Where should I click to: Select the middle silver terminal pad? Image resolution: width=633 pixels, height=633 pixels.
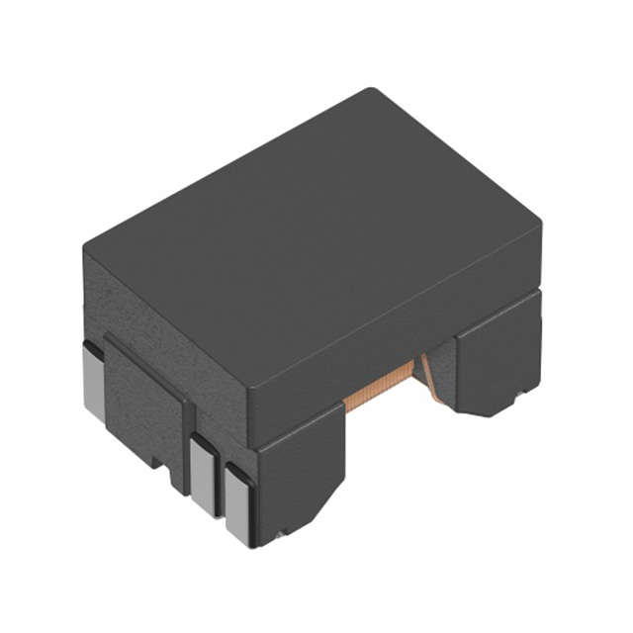(204, 475)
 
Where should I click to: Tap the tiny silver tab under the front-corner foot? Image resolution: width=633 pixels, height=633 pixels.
(281, 535)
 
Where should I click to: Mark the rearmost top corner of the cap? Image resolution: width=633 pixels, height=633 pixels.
(370, 91)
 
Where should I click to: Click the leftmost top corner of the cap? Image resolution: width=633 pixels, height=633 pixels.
(86, 247)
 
